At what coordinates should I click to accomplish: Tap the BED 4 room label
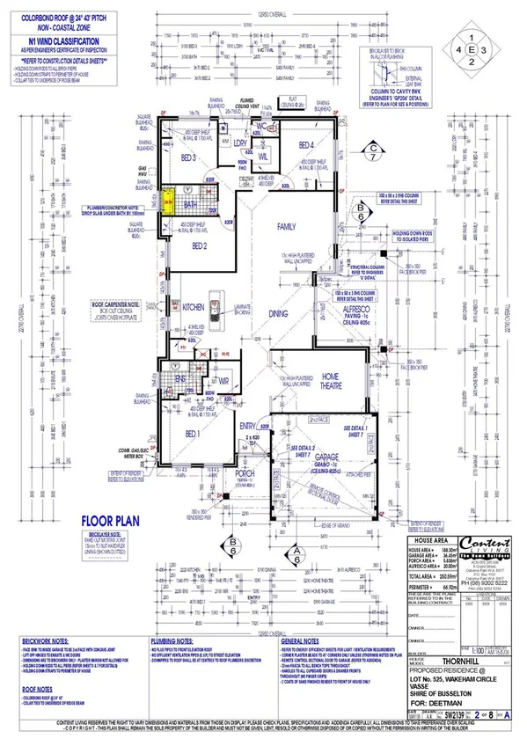(x=306, y=145)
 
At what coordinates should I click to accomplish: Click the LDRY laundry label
(x=239, y=143)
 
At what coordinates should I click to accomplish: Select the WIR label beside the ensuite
(x=224, y=380)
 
